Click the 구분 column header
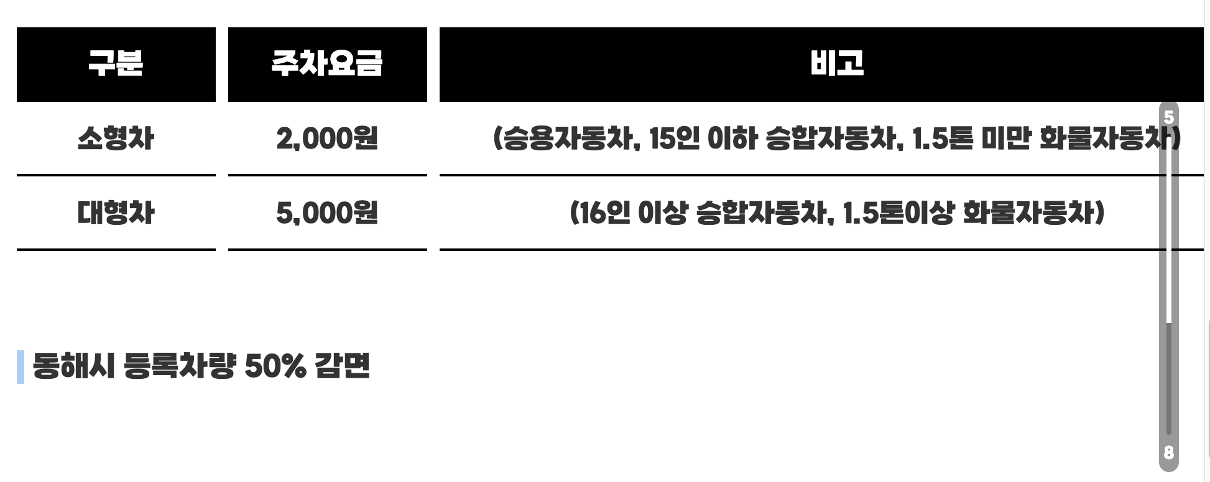pyautogui.click(x=116, y=63)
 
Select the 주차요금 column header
pyautogui.click(x=327, y=63)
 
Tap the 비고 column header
pyautogui.click(x=837, y=63)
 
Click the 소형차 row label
pyautogui.click(x=116, y=138)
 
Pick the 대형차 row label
pyautogui.click(x=116, y=212)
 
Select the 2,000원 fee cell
pyautogui.click(x=327, y=138)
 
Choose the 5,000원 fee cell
pyautogui.click(x=327, y=212)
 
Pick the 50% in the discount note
pyautogui.click(x=275, y=366)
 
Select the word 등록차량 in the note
pyautogui.click(x=180, y=366)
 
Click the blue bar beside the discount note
pyautogui.click(x=21, y=366)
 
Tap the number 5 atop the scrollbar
pyautogui.click(x=1169, y=117)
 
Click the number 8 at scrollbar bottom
pyautogui.click(x=1169, y=453)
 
